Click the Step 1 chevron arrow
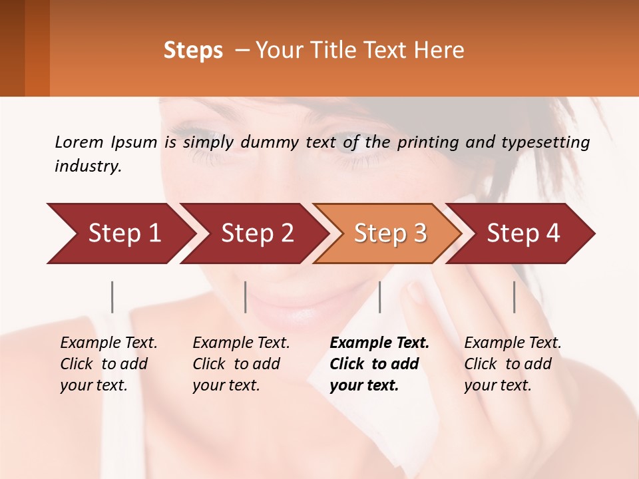tap(120, 233)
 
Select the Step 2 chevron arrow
tap(256, 233)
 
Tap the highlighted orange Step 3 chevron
tap(389, 233)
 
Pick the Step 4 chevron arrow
tap(523, 233)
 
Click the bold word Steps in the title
tap(193, 51)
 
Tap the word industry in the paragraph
tap(87, 166)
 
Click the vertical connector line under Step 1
tap(112, 297)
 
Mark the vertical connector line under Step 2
tap(246, 297)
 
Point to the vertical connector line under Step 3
tap(379, 297)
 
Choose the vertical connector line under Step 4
tap(514, 297)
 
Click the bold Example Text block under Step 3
tap(379, 364)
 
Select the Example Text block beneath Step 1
tap(108, 364)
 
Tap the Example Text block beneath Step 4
tap(513, 364)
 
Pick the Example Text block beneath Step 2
tap(241, 364)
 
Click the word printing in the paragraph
tap(426, 142)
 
